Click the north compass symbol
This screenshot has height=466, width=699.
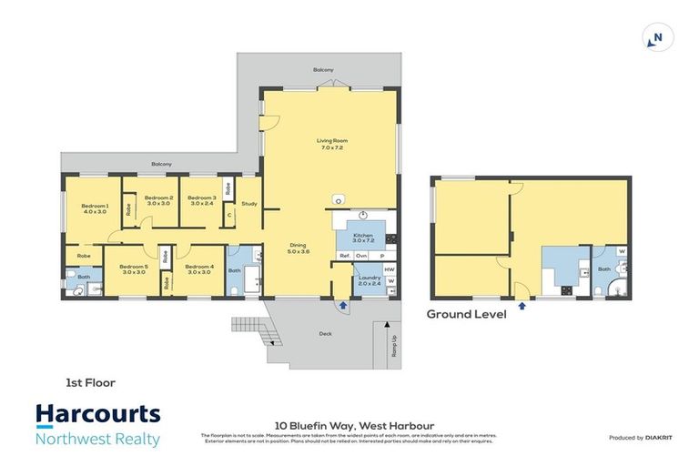[x=653, y=38]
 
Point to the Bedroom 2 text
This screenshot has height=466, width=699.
[x=158, y=200]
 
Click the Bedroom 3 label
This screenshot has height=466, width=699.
[x=202, y=200]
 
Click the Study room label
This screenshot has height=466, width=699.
[x=249, y=204]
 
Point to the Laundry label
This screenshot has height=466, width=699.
[x=368, y=279]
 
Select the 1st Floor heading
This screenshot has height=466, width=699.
[x=89, y=383]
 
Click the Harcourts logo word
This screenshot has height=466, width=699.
[x=98, y=416]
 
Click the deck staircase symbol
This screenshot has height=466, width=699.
[x=250, y=330]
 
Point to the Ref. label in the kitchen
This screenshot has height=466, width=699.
[x=345, y=257]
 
